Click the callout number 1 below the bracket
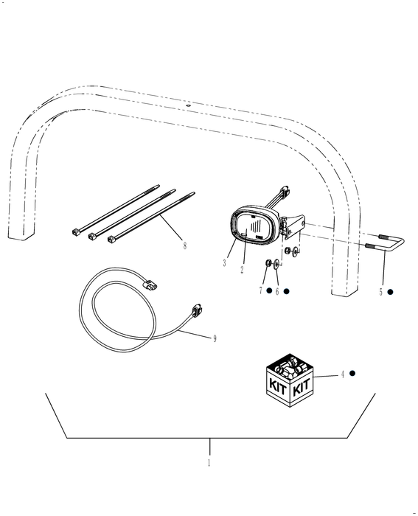click(209, 464)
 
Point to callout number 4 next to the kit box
click(342, 374)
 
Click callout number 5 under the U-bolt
click(381, 292)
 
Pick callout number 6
click(277, 291)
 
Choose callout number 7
click(260, 291)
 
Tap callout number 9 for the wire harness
click(214, 338)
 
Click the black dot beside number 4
click(354, 374)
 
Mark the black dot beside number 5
click(391, 292)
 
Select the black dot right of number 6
click(287, 291)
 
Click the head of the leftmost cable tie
click(77, 233)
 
